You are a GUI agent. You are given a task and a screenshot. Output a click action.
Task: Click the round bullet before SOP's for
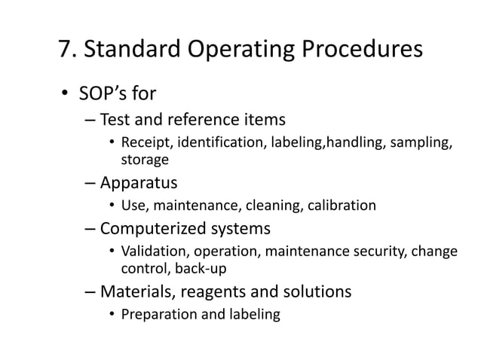66,96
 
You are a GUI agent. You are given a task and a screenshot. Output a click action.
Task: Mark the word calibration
339,205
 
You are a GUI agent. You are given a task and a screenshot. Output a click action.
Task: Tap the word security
380,251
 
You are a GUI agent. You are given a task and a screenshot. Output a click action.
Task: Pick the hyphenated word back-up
201,267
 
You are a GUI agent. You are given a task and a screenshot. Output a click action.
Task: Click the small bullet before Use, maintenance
111,206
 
